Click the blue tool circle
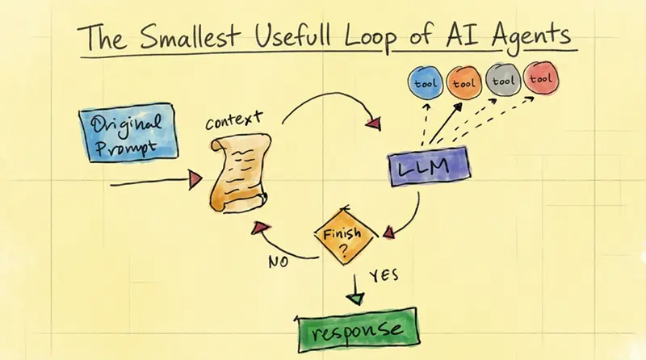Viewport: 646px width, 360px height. click(426, 82)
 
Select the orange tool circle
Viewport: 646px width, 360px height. click(464, 82)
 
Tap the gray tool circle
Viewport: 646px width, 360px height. click(503, 79)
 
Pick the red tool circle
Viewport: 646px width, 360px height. click(541, 77)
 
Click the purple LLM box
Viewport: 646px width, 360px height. click(430, 166)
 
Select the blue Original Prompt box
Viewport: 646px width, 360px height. click(128, 132)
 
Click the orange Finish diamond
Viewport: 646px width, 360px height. click(346, 236)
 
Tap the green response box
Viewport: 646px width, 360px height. click(357, 329)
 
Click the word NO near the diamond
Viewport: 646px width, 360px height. click(279, 262)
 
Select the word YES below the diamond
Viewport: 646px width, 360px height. click(384, 275)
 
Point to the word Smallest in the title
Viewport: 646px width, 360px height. click(189, 36)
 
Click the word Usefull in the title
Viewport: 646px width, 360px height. click(293, 35)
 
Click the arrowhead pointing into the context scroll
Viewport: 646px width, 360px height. click(195, 180)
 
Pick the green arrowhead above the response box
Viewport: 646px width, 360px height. click(354, 299)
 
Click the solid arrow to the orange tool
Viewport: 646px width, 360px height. click(446, 123)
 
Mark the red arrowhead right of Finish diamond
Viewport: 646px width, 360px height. click(388, 232)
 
